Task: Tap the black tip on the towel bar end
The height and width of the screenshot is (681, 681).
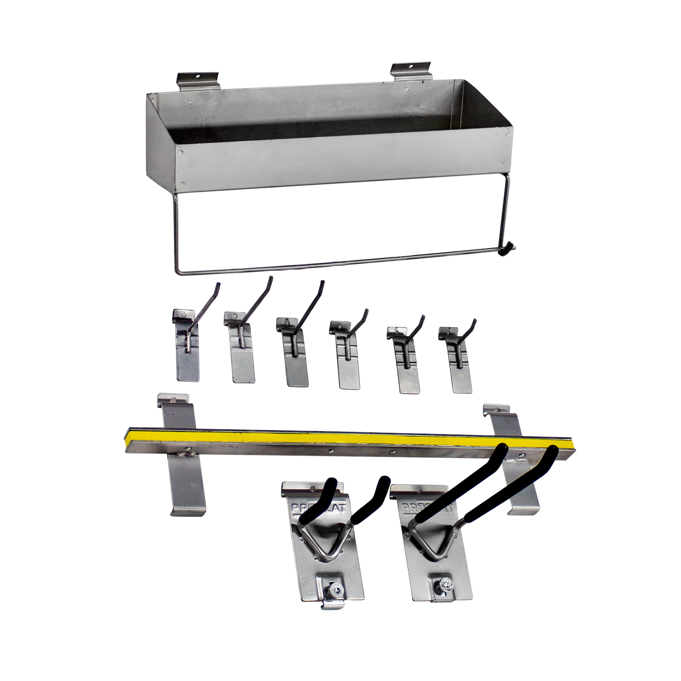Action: tap(509, 248)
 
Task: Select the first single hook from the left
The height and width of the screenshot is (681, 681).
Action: tap(188, 346)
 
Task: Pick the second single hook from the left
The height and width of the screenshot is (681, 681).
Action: tap(240, 351)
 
